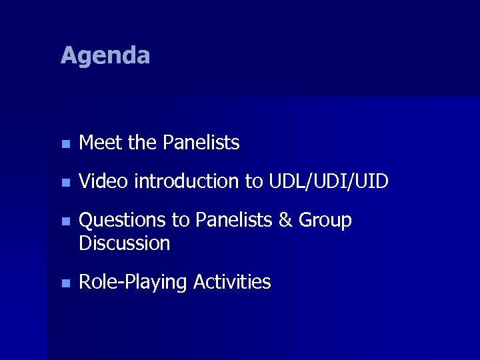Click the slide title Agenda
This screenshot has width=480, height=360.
105,55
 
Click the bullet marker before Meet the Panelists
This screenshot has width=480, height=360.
64,143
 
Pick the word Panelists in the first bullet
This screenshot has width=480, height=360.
201,143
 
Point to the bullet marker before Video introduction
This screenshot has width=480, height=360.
64,182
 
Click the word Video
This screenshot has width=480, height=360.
103,181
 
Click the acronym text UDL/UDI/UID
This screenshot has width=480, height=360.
329,181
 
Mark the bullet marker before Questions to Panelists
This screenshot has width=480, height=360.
64,221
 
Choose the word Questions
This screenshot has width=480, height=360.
122,221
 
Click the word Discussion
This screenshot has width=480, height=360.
125,243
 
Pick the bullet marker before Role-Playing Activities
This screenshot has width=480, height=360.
64,283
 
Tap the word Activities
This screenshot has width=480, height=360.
232,282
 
